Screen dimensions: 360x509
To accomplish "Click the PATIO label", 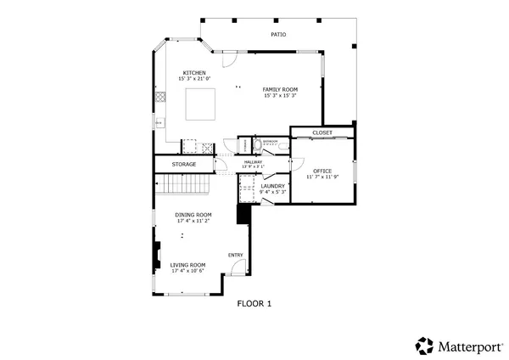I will [277, 35].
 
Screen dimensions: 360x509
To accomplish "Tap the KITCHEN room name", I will [193, 73].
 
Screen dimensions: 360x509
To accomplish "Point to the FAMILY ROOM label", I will [279, 89].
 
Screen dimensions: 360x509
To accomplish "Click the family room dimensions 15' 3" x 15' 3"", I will [279, 95].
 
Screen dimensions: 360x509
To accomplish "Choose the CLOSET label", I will [322, 132].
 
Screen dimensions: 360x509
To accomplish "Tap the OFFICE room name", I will [322, 171].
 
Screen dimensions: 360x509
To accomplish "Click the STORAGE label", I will [184, 164].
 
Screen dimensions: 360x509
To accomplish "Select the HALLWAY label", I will [253, 161].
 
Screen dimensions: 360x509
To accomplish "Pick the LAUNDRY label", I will [273, 186].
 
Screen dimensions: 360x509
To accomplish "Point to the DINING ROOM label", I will [193, 215].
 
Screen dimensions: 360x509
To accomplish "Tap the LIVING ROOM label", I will [188, 265].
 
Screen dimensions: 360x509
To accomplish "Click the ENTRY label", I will [236, 255].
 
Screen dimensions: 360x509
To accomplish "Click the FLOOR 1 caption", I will [254, 303].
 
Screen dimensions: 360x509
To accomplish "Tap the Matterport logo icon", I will [424, 345].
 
